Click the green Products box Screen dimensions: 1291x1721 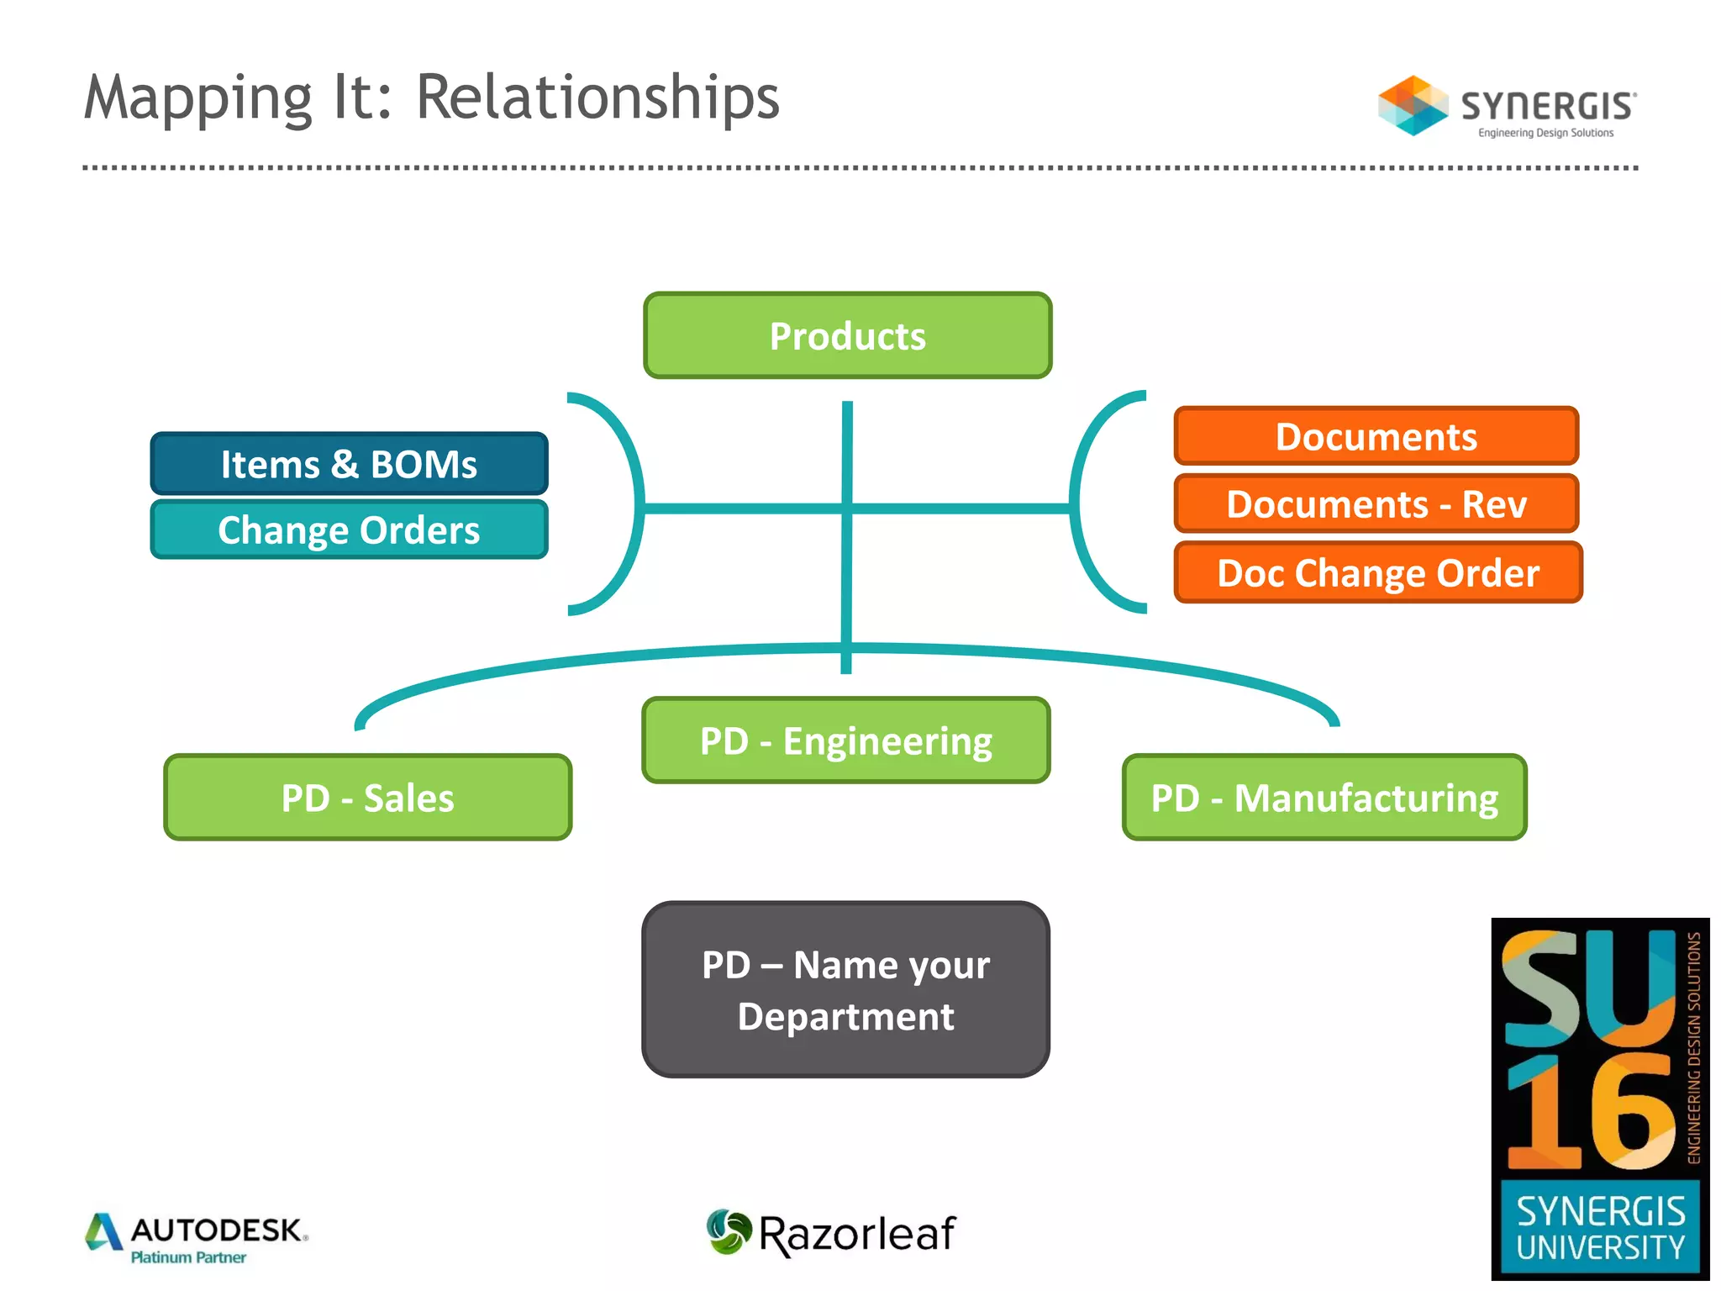tap(847, 335)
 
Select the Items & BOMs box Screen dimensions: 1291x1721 tap(349, 463)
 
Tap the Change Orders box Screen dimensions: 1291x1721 tap(349, 530)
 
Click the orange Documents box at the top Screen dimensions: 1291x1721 tap(1376, 436)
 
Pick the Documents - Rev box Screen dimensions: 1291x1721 tap(1376, 503)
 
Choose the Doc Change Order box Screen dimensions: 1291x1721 tap(1377, 572)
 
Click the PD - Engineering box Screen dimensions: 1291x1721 tap(845, 740)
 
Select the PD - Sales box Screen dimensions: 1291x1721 tap(367, 797)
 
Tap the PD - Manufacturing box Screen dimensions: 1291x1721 tap(1324, 797)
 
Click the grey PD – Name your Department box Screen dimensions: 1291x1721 tap(845, 989)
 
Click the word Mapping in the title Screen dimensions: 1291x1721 tap(198, 98)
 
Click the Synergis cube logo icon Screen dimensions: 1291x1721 tap(1413, 106)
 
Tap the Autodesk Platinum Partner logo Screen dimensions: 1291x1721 tap(197, 1237)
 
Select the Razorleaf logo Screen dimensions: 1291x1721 tap(831, 1233)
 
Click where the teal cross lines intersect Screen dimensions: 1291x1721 tap(847, 508)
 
